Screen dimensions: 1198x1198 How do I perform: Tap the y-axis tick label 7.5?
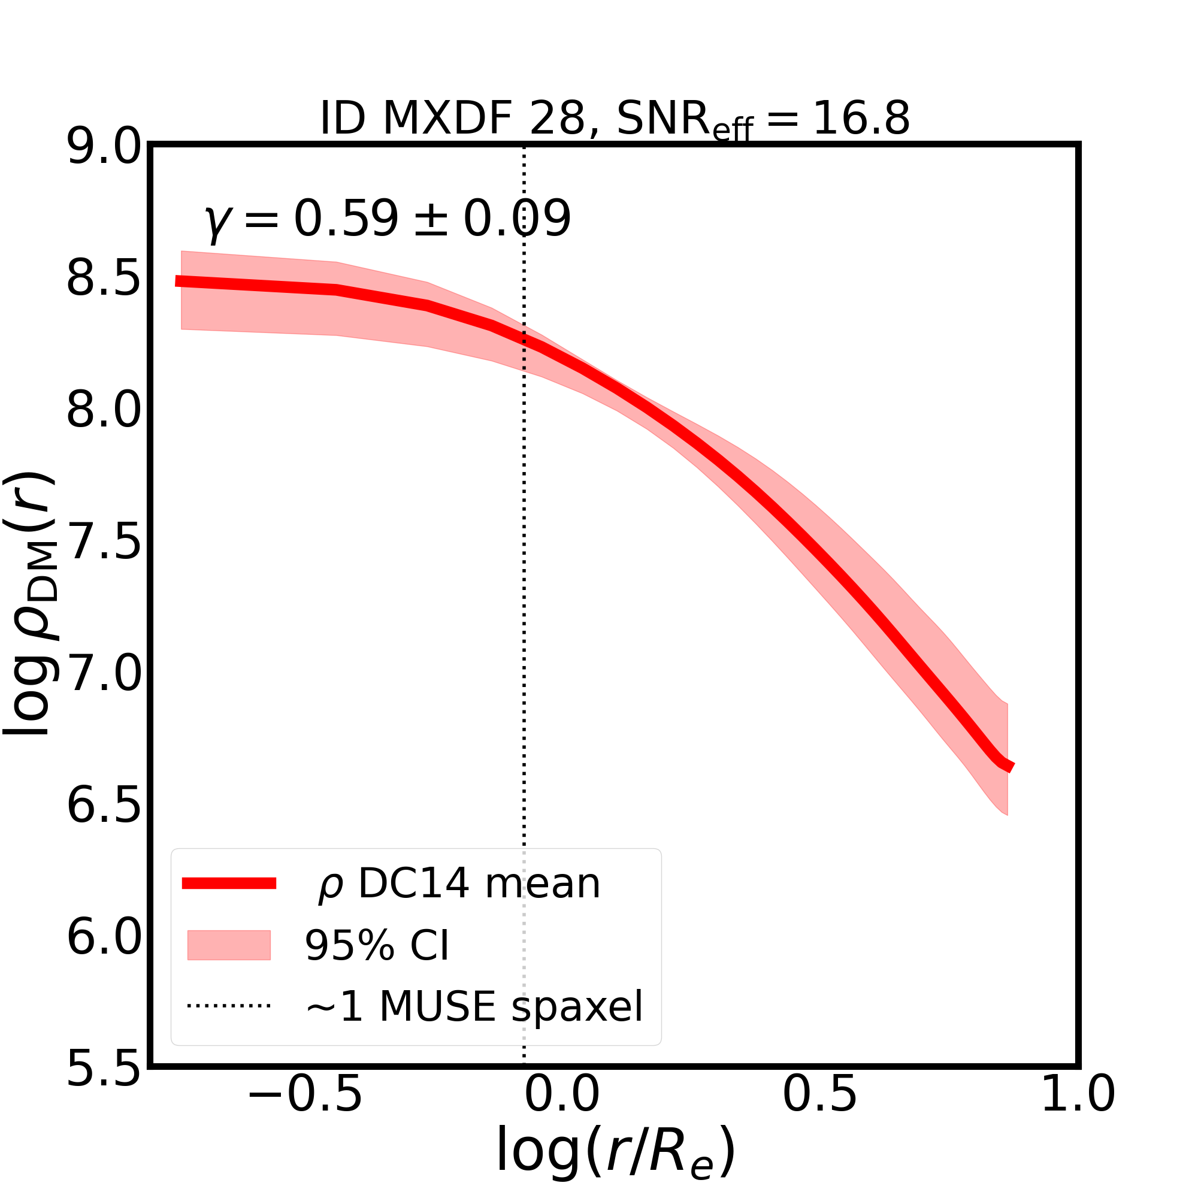coord(104,543)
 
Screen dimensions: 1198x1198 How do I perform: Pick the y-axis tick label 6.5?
coord(104,806)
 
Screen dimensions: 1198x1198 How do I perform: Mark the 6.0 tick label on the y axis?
coord(104,937)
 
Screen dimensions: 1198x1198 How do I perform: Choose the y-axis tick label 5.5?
coord(104,1069)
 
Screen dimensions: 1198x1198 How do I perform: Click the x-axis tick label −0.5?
coord(304,1113)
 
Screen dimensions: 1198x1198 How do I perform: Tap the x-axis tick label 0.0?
coord(562,1113)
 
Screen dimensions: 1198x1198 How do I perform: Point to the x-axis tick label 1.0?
coord(1077,1113)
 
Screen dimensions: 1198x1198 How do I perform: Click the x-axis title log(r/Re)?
coord(615,1158)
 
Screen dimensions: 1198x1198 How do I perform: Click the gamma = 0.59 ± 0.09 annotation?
coord(387,219)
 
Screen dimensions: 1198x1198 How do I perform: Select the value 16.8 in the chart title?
coord(861,119)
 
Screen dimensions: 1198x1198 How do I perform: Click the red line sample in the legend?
coord(229,884)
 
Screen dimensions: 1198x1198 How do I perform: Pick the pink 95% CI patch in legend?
coord(229,945)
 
